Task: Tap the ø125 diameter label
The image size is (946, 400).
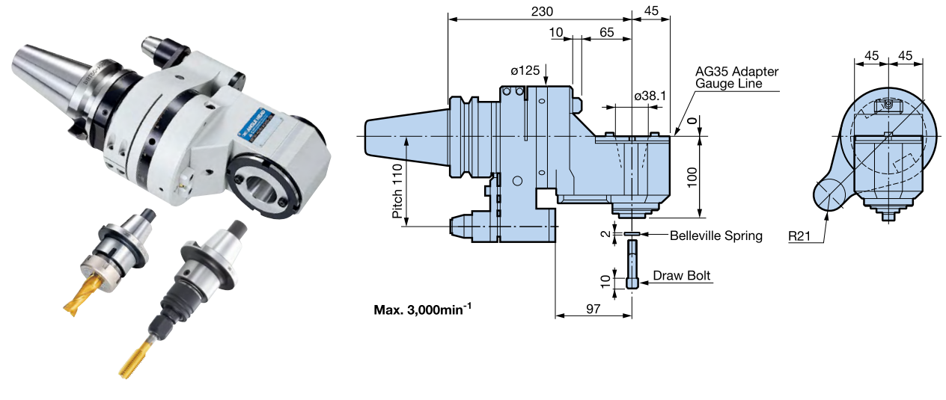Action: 525,70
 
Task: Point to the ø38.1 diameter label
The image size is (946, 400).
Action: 650,96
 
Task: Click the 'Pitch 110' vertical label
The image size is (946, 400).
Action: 397,191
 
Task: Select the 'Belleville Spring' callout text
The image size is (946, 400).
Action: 715,236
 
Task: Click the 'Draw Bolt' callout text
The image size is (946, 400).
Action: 681,276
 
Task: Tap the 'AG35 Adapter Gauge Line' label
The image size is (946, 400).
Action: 736,78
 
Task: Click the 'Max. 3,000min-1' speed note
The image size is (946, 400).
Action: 423,309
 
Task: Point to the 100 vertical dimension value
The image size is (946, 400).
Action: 692,176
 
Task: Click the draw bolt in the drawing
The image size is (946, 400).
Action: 632,268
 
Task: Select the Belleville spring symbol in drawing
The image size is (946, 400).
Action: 632,234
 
